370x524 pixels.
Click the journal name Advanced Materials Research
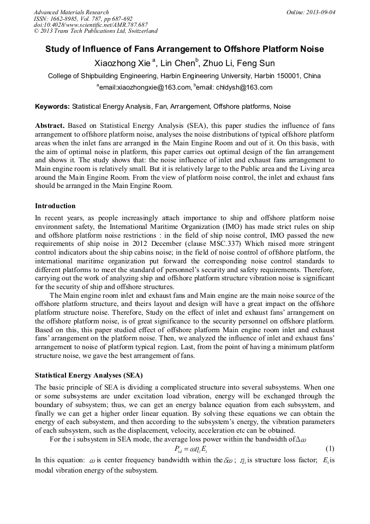(x=71, y=12)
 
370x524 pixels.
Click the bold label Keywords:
(x=52, y=107)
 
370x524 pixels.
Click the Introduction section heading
(x=55, y=206)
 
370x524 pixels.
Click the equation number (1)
(x=329, y=449)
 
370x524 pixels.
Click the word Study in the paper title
(x=57, y=49)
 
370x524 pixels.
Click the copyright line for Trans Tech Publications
(x=96, y=32)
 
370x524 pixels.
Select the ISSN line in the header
(x=83, y=19)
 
